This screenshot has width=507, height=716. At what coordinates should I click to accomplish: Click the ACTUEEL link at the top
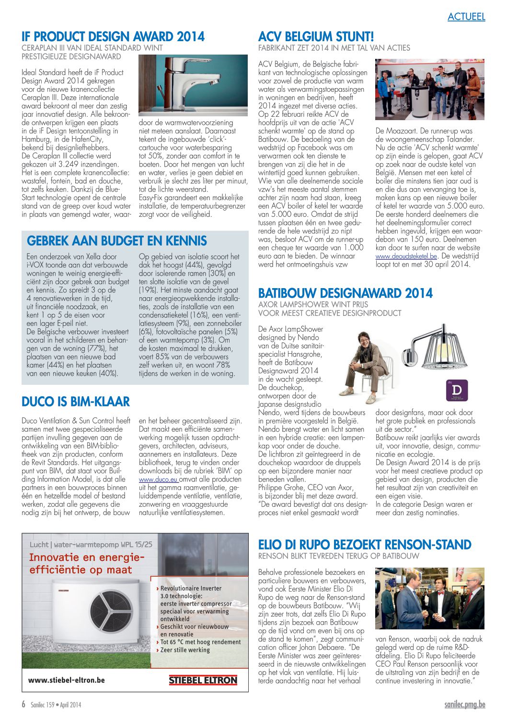click(466, 17)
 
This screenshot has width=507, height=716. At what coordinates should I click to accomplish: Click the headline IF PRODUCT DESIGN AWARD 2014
click(113, 37)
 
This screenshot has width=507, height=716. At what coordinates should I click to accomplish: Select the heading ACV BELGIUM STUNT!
click(316, 37)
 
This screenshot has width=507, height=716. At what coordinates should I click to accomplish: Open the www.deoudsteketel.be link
click(406, 256)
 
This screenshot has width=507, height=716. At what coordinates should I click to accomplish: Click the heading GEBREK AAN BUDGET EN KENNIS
click(117, 241)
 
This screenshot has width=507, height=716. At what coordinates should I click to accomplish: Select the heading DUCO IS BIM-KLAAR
click(76, 402)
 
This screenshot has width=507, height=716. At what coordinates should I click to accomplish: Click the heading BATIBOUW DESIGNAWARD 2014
click(345, 293)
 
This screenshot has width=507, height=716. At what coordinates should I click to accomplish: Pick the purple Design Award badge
click(457, 390)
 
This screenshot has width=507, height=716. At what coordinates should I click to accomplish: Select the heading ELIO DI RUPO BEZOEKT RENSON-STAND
click(365, 545)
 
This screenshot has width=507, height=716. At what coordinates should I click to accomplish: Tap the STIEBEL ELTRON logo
click(203, 680)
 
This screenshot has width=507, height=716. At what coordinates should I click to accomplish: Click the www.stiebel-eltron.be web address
click(66, 680)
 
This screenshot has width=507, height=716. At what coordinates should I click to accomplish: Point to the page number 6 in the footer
click(23, 705)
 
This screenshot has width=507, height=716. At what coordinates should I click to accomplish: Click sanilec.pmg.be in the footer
click(464, 705)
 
